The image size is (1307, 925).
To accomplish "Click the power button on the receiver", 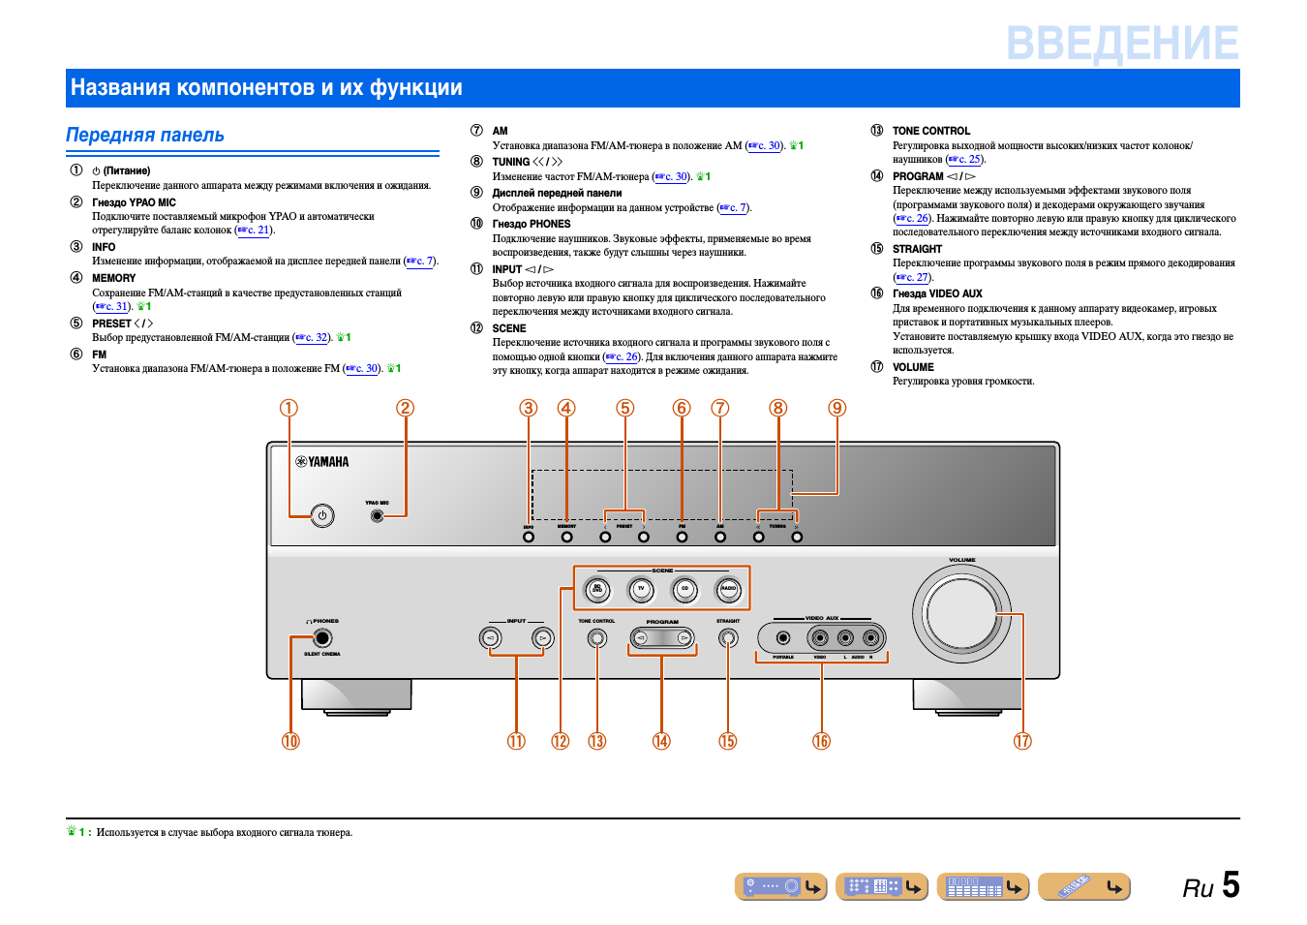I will (322, 515).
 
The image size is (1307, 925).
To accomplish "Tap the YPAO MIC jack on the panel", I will (378, 516).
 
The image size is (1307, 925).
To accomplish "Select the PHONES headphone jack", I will (322, 637).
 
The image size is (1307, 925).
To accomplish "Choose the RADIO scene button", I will (728, 588).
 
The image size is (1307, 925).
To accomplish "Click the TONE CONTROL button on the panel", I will (597, 637).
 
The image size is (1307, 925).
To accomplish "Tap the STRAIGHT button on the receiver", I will (728, 637).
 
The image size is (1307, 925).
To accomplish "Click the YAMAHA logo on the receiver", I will (322, 462).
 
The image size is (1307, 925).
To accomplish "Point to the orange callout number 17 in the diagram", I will (1022, 741).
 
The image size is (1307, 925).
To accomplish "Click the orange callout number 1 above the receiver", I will (289, 408).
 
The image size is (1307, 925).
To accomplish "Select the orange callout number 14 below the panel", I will (661, 741).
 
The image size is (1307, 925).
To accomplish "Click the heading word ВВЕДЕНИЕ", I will (1122, 44).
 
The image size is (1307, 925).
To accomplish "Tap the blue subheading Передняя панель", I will (145, 136).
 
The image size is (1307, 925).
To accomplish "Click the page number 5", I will (1231, 885).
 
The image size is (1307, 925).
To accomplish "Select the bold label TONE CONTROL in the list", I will (930, 131).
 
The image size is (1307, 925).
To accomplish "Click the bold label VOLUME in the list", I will (913, 367).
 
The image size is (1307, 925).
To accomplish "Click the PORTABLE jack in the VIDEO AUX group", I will (783, 637).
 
